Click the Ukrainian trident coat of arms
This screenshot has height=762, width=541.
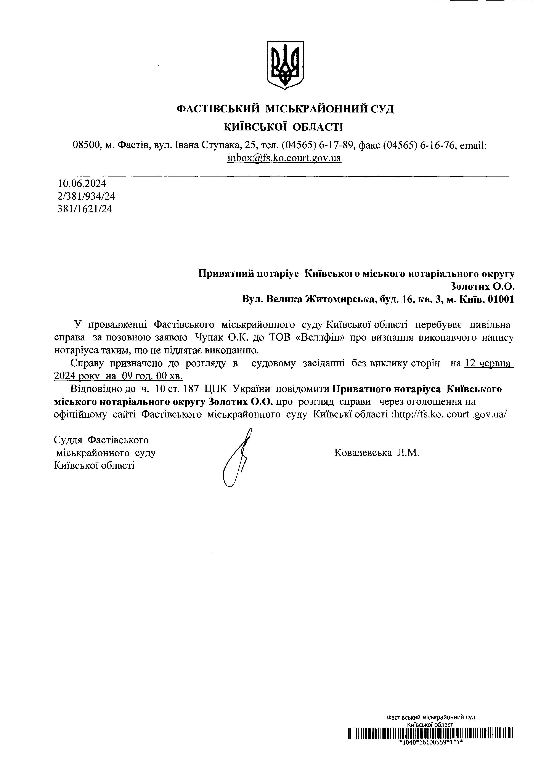coord(285,65)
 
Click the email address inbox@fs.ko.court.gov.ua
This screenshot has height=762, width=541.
coord(284,157)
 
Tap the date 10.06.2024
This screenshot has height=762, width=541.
coord(82,183)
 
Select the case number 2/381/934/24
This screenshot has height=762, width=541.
coord(86,196)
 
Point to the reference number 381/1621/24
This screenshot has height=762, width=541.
coord(85,209)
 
